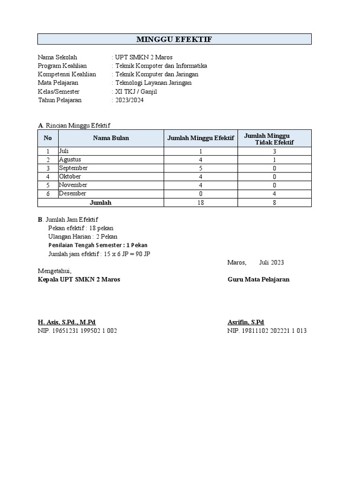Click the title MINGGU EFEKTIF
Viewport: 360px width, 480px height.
[174, 39]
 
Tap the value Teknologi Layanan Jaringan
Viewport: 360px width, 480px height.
[153, 83]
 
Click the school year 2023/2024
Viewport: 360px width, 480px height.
[129, 100]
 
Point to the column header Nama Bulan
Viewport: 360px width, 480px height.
[111, 138]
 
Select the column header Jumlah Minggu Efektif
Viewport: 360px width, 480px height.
[201, 138]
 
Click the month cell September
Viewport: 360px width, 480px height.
[74, 168]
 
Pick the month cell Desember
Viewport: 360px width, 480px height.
[73, 193]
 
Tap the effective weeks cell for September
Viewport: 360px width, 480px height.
[201, 168]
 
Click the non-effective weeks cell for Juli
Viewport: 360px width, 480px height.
[274, 151]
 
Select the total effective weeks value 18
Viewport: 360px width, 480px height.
[201, 202]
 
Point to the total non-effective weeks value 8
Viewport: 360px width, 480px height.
[274, 202]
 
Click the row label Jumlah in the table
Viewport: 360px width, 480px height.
[101, 202]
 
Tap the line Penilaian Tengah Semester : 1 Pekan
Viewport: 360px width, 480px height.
[98, 245]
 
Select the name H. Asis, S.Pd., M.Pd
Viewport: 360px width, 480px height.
[67, 322]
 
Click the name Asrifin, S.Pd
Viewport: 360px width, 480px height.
[246, 322]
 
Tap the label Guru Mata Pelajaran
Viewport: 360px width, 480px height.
[258, 279]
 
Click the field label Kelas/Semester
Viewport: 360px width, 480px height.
[59, 91]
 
